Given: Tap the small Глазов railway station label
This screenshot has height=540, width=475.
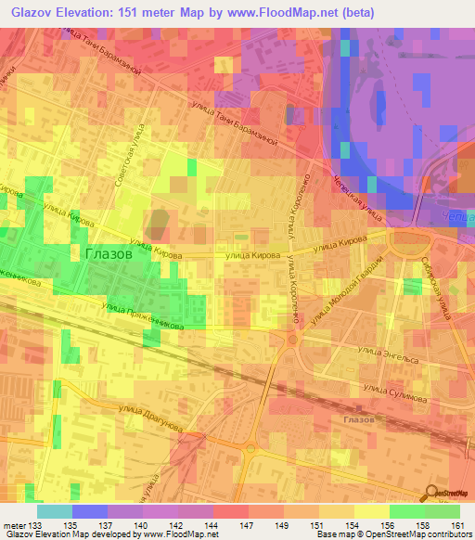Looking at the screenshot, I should pyautogui.click(x=358, y=419).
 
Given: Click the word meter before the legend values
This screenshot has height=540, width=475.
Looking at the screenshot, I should pyautogui.click(x=13, y=525).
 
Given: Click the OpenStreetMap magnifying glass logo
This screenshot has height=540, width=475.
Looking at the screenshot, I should pyautogui.click(x=430, y=493).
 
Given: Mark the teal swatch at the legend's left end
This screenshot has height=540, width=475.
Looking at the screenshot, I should pyautogui.click(x=55, y=511).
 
